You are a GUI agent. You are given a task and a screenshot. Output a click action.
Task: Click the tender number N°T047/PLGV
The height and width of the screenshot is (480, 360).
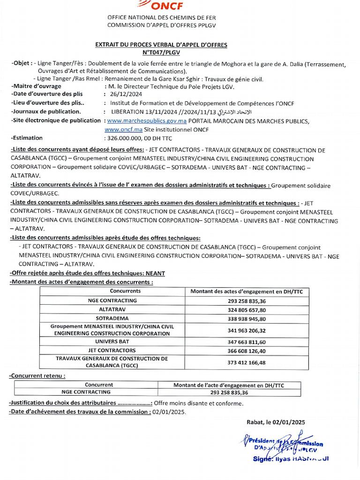coord(161,52)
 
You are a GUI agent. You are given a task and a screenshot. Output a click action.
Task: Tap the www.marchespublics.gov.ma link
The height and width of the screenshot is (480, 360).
coord(147,121)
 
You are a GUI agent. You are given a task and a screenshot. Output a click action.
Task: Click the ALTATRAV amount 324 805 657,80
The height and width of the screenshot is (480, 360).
coord(247,310)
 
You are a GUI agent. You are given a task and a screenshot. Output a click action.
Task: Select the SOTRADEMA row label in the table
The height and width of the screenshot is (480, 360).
coord(112,318)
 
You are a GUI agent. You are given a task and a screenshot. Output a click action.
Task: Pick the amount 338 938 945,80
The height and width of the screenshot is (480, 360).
coord(247,318)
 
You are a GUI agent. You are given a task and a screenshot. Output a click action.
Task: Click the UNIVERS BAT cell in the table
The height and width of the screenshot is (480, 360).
coord(112,342)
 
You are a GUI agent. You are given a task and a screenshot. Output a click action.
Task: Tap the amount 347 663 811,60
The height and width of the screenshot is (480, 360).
coord(247,342)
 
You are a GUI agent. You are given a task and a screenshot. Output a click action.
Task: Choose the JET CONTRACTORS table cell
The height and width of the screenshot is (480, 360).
coord(112,350)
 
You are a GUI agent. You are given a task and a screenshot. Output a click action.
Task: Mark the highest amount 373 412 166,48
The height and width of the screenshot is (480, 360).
coord(247,362)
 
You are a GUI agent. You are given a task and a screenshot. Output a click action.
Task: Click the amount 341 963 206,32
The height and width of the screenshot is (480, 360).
coord(247,330)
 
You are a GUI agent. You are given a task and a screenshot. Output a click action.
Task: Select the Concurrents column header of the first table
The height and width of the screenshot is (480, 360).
coord(112,291)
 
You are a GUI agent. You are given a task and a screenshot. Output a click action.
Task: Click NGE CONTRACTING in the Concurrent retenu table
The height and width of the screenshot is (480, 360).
coord(86,392)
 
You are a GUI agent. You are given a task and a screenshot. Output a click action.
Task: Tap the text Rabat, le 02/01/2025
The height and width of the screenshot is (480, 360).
coord(276,422)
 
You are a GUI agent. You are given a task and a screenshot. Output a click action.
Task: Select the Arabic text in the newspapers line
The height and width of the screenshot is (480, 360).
coord(215,112)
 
